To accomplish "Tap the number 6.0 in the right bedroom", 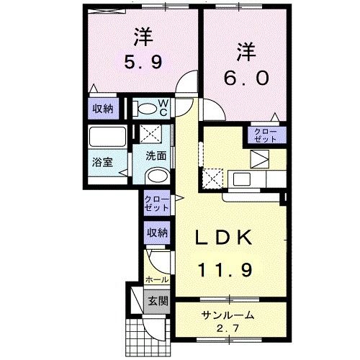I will coord(246,75).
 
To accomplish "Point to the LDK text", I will coord(224,238).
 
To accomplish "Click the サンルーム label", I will coord(227,315).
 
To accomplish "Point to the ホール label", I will coord(157,279).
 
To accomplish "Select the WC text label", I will coord(163,107).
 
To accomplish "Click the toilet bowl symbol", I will coord(147,109).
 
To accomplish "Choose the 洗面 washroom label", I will coord(156,156).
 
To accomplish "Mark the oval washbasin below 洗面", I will coord(156,176).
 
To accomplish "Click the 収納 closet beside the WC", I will coord(102,109).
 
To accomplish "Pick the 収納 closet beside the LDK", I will coord(158,232).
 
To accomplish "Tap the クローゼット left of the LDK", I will coord(156,203).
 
